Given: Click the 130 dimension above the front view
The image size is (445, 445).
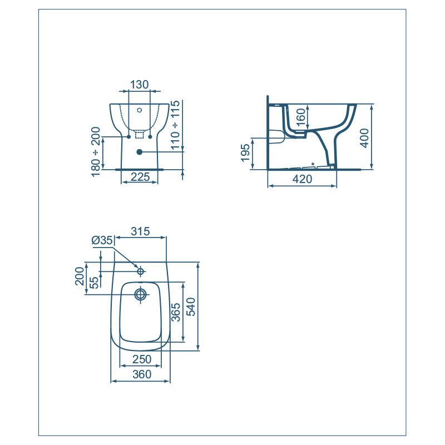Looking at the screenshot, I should (139, 85).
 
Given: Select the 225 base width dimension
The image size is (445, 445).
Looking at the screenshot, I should (139, 177).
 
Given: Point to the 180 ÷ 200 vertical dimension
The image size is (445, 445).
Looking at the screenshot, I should (96, 151).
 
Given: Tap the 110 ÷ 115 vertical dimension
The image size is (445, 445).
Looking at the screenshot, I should (175, 126).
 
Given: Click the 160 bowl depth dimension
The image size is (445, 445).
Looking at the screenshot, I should (300, 118).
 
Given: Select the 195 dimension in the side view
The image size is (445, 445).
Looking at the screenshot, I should (246, 154).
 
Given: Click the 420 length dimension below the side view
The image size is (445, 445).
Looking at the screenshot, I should (302, 179).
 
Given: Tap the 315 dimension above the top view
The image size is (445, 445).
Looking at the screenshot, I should (140, 231).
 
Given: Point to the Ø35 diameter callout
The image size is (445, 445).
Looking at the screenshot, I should (102, 240).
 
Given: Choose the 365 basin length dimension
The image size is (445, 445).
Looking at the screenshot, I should (175, 312).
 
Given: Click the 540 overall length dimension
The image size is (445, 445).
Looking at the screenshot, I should (190, 306).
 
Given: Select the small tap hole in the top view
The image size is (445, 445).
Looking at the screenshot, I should (141, 271).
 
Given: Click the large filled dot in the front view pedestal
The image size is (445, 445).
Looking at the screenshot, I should (139, 152).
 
